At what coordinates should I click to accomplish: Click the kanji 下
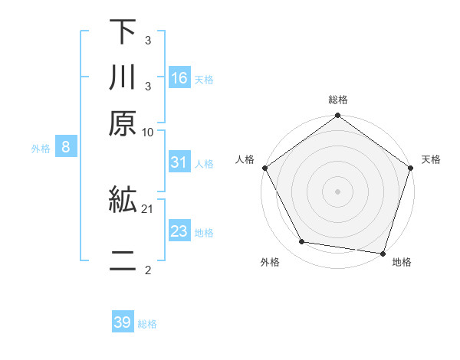click(123, 33)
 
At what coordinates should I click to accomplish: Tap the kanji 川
click(123, 78)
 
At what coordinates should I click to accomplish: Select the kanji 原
click(123, 122)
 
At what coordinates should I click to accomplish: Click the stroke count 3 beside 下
click(147, 39)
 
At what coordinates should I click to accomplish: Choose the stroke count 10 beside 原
click(148, 131)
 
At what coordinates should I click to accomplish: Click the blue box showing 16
click(179, 77)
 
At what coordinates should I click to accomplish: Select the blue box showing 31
click(179, 162)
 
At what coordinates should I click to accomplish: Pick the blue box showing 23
click(179, 231)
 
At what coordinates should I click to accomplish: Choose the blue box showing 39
click(123, 322)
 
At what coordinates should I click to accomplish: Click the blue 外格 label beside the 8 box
click(41, 149)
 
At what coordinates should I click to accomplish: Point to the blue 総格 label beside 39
click(147, 324)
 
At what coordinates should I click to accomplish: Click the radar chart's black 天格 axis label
click(431, 159)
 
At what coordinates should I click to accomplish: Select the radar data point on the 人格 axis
click(265, 168)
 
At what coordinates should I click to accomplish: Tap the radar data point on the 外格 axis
click(302, 242)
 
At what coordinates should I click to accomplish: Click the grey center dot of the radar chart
click(337, 191)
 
